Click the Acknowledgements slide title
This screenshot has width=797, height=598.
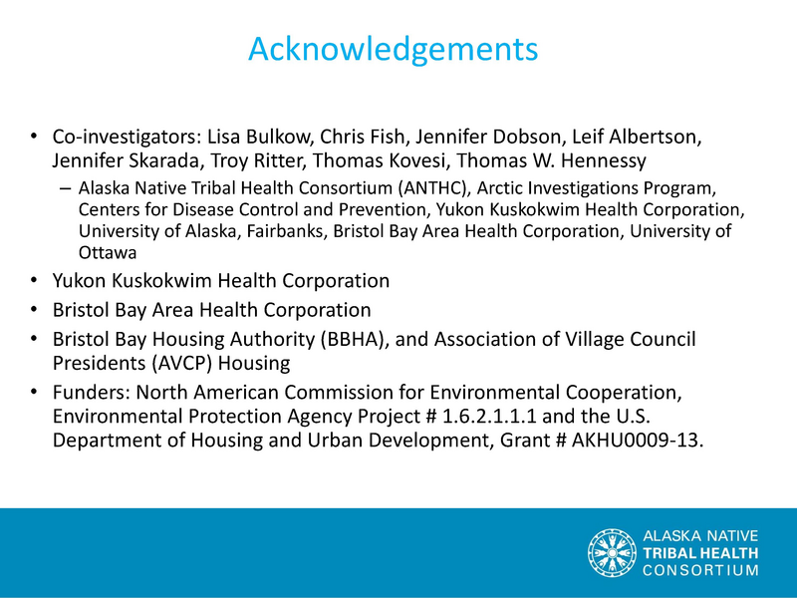click(393, 50)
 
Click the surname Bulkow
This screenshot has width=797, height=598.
click(279, 137)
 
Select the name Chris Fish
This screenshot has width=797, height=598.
click(362, 137)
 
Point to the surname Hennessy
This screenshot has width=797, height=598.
click(604, 160)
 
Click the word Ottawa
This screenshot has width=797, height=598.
click(108, 253)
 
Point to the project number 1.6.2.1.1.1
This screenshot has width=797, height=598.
click(489, 416)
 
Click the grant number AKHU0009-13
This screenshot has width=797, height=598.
click(638, 440)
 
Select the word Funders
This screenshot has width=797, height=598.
click(92, 392)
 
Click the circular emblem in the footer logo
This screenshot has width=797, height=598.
click(612, 553)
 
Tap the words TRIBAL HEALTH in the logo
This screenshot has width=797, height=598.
click(700, 553)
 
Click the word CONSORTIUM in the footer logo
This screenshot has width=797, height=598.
click(700, 570)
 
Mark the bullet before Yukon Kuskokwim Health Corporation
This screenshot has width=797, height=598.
click(34, 280)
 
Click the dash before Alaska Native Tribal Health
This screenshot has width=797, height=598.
click(65, 189)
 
